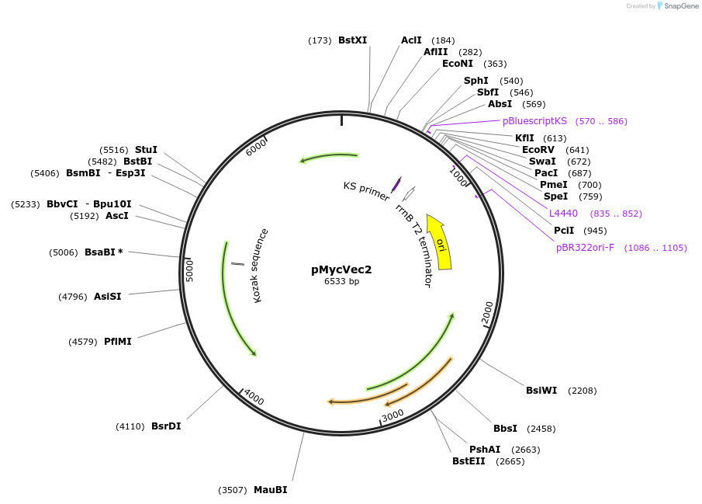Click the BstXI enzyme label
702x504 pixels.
352,40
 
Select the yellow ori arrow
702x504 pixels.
440,242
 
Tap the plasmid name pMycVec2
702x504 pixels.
341,269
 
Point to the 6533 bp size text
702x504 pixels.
341,281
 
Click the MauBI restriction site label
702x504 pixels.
270,490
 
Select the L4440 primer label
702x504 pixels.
563,214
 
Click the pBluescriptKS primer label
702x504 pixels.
534,121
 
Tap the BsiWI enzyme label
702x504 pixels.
541,391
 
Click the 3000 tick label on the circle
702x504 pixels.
393,415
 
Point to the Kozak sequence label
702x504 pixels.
261,265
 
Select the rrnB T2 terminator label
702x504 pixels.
413,245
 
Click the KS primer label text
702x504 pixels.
366,191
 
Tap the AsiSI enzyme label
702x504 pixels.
108,297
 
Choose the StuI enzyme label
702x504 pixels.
146,150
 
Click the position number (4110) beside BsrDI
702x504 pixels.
130,426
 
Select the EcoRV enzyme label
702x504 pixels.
538,150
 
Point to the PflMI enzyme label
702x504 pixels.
118,342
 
